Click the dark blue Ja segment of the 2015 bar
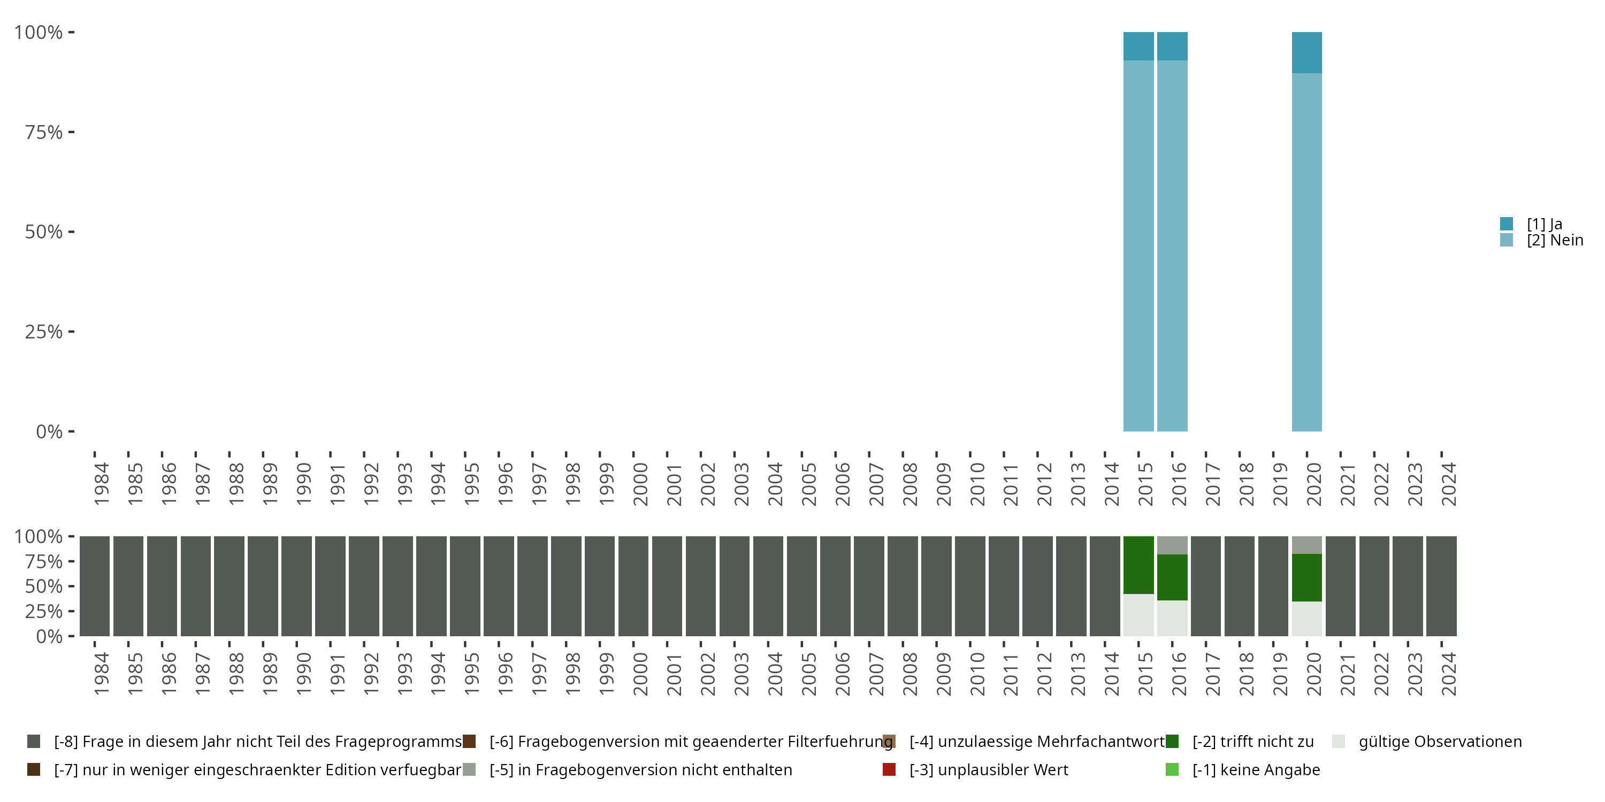pos(1138,46)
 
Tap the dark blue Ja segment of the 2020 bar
pos(1306,52)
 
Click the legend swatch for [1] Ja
pos(1507,223)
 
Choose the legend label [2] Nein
pos(1555,241)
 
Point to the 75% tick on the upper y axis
pos(71,132)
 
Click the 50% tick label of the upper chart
pos(44,232)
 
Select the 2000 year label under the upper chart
pos(640,484)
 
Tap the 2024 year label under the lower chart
pos(1449,674)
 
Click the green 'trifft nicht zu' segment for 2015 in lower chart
pos(1138,565)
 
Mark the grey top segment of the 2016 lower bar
pos(1172,545)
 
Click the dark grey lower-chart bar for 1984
pos(95,586)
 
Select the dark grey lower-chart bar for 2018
pos(1239,586)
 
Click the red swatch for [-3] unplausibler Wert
pos(889,769)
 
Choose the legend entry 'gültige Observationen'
pos(1440,742)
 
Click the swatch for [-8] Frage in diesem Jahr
pos(34,742)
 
